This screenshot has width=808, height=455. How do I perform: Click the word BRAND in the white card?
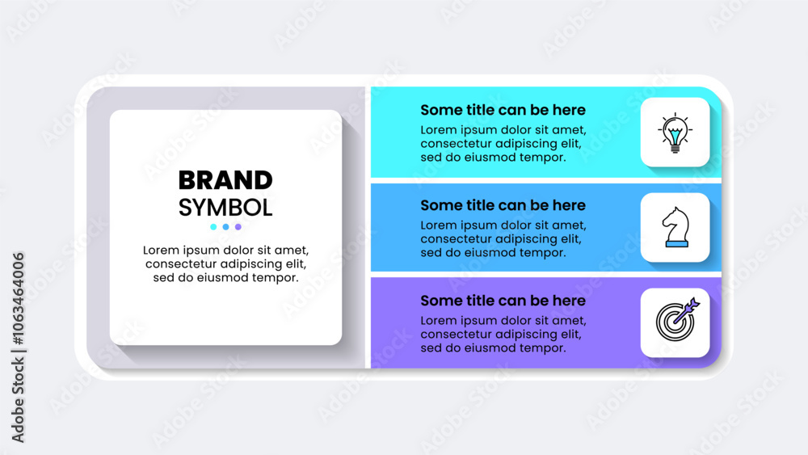tap(225, 180)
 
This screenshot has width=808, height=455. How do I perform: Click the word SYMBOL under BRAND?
tap(225, 208)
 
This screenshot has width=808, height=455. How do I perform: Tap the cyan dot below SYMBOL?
tap(213, 227)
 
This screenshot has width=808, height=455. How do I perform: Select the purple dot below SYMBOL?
tap(238, 227)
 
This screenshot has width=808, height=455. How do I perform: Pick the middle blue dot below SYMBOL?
tap(225, 227)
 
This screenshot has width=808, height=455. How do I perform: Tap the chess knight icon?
tap(675, 227)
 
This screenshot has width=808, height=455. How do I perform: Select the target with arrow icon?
tap(677, 319)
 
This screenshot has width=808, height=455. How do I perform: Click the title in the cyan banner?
tap(503, 110)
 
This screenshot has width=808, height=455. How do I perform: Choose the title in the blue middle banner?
tap(503, 205)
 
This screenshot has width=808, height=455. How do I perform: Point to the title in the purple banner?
tap(503, 301)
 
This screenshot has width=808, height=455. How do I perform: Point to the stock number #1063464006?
tap(19, 298)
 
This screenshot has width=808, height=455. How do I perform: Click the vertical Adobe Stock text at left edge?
tap(18, 400)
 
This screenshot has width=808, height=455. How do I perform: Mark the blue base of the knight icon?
tap(676, 244)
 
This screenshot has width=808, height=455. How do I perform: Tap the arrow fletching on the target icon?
tap(693, 305)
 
